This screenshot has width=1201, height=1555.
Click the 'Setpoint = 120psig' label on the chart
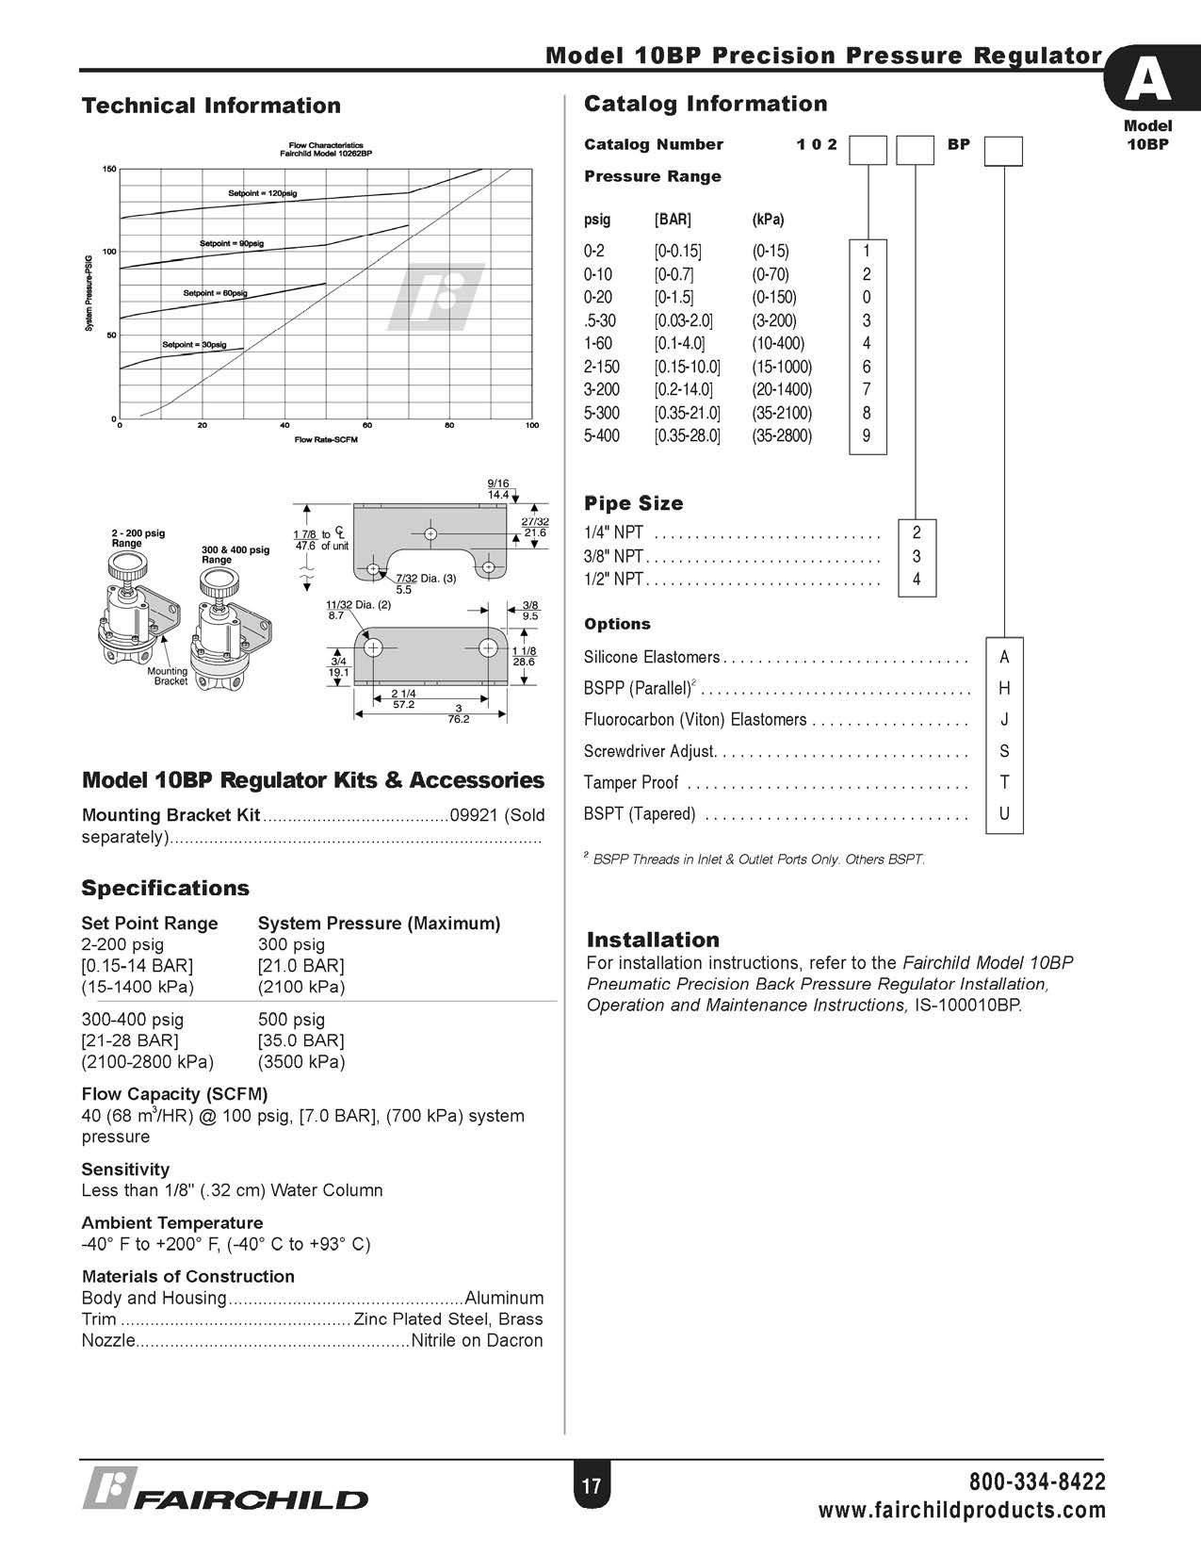coord(262,192)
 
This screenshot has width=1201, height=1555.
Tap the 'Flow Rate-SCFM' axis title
coord(326,439)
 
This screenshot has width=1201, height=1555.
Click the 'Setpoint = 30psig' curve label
coord(194,345)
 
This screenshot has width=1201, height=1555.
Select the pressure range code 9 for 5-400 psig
coord(867,435)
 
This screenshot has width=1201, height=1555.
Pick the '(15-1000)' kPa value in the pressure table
coord(782,367)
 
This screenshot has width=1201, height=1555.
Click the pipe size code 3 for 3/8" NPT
coord(917,556)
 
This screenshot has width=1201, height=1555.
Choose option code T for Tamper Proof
coord(1004,782)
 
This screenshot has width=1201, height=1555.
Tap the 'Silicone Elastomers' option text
coord(652,657)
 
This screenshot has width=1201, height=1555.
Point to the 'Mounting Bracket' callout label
coord(168,676)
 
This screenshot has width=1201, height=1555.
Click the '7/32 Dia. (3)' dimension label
coord(426,578)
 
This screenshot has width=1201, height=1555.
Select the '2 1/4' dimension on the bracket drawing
coord(403,695)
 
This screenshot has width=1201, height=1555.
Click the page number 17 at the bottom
coord(591,1487)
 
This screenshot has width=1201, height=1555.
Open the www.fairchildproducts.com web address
coord(962,1511)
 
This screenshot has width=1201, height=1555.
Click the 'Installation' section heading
coord(653,940)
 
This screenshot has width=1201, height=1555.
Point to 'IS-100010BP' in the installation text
coord(967,1005)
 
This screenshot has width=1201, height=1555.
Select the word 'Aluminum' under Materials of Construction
coord(504,1298)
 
